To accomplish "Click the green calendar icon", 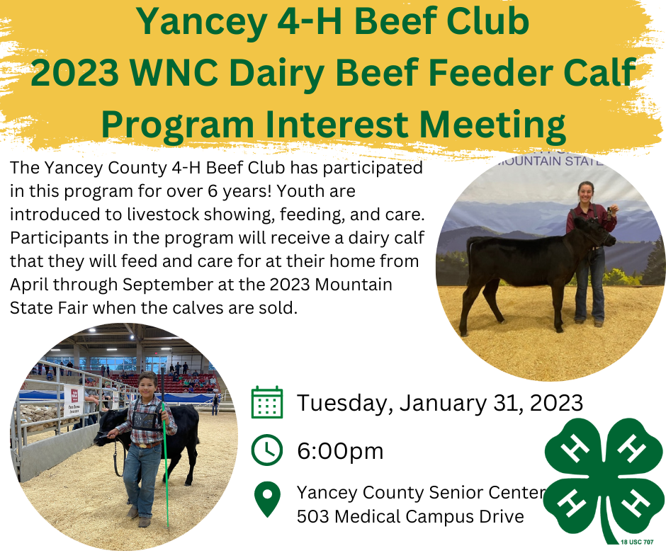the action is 266,403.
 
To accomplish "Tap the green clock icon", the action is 266,450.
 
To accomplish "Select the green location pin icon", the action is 267,500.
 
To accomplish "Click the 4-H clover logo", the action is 604,481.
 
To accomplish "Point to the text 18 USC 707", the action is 637,542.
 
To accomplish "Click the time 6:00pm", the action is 340,450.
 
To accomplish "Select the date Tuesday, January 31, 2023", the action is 439,403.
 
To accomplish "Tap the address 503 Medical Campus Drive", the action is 410,517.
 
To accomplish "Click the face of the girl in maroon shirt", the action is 585,193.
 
